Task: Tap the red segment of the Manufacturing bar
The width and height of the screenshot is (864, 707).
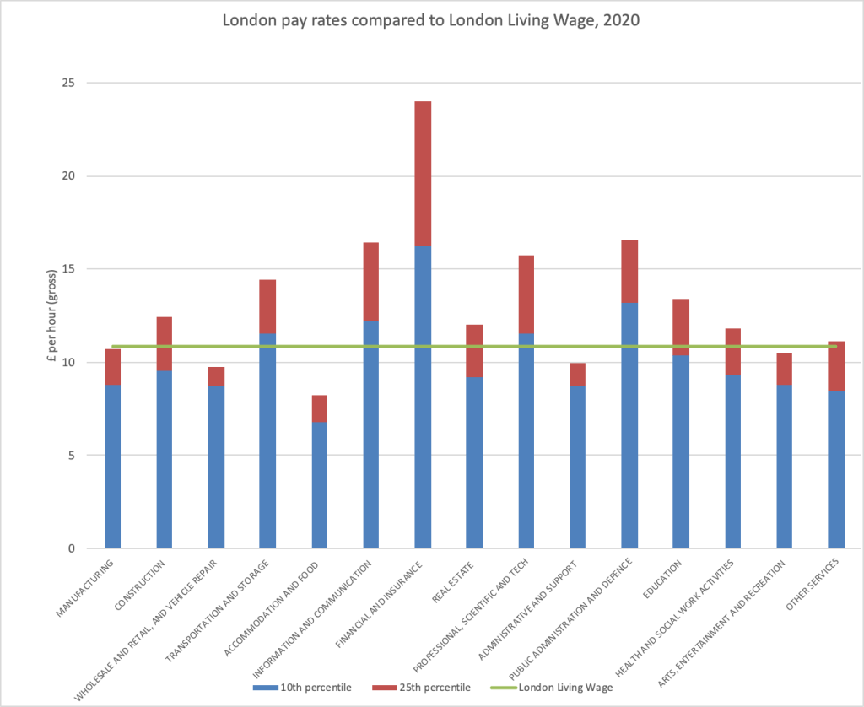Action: [x=112, y=366]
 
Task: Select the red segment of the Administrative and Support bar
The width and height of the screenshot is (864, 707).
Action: [x=577, y=374]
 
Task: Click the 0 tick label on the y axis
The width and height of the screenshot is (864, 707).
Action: [x=70, y=548]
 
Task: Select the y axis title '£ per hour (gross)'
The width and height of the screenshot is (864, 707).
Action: [x=52, y=316]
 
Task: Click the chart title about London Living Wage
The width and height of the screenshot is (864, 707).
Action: [x=431, y=20]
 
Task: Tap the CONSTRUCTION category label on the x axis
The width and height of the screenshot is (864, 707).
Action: [x=152, y=581]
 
